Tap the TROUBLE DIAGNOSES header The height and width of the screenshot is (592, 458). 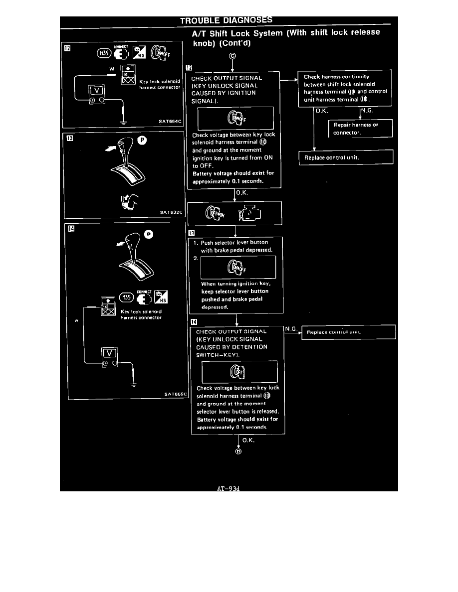pyautogui.click(x=226, y=20)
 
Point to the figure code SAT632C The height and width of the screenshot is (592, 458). pyautogui.click(x=172, y=212)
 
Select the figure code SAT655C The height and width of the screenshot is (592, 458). pyautogui.click(x=175, y=394)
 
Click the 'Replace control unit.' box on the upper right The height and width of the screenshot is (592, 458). pyautogui.click(x=346, y=157)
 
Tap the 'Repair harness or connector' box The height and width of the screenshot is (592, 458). pyautogui.click(x=360, y=129)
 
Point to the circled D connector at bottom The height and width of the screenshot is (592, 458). pyautogui.click(x=238, y=451)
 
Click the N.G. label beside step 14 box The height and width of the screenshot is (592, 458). pyautogui.click(x=291, y=329)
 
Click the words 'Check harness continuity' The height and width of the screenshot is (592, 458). pyautogui.click(x=336, y=77)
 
